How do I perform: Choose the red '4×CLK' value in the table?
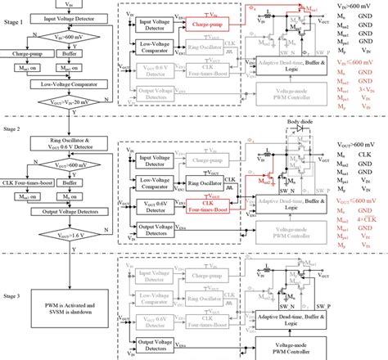pos(371,197)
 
